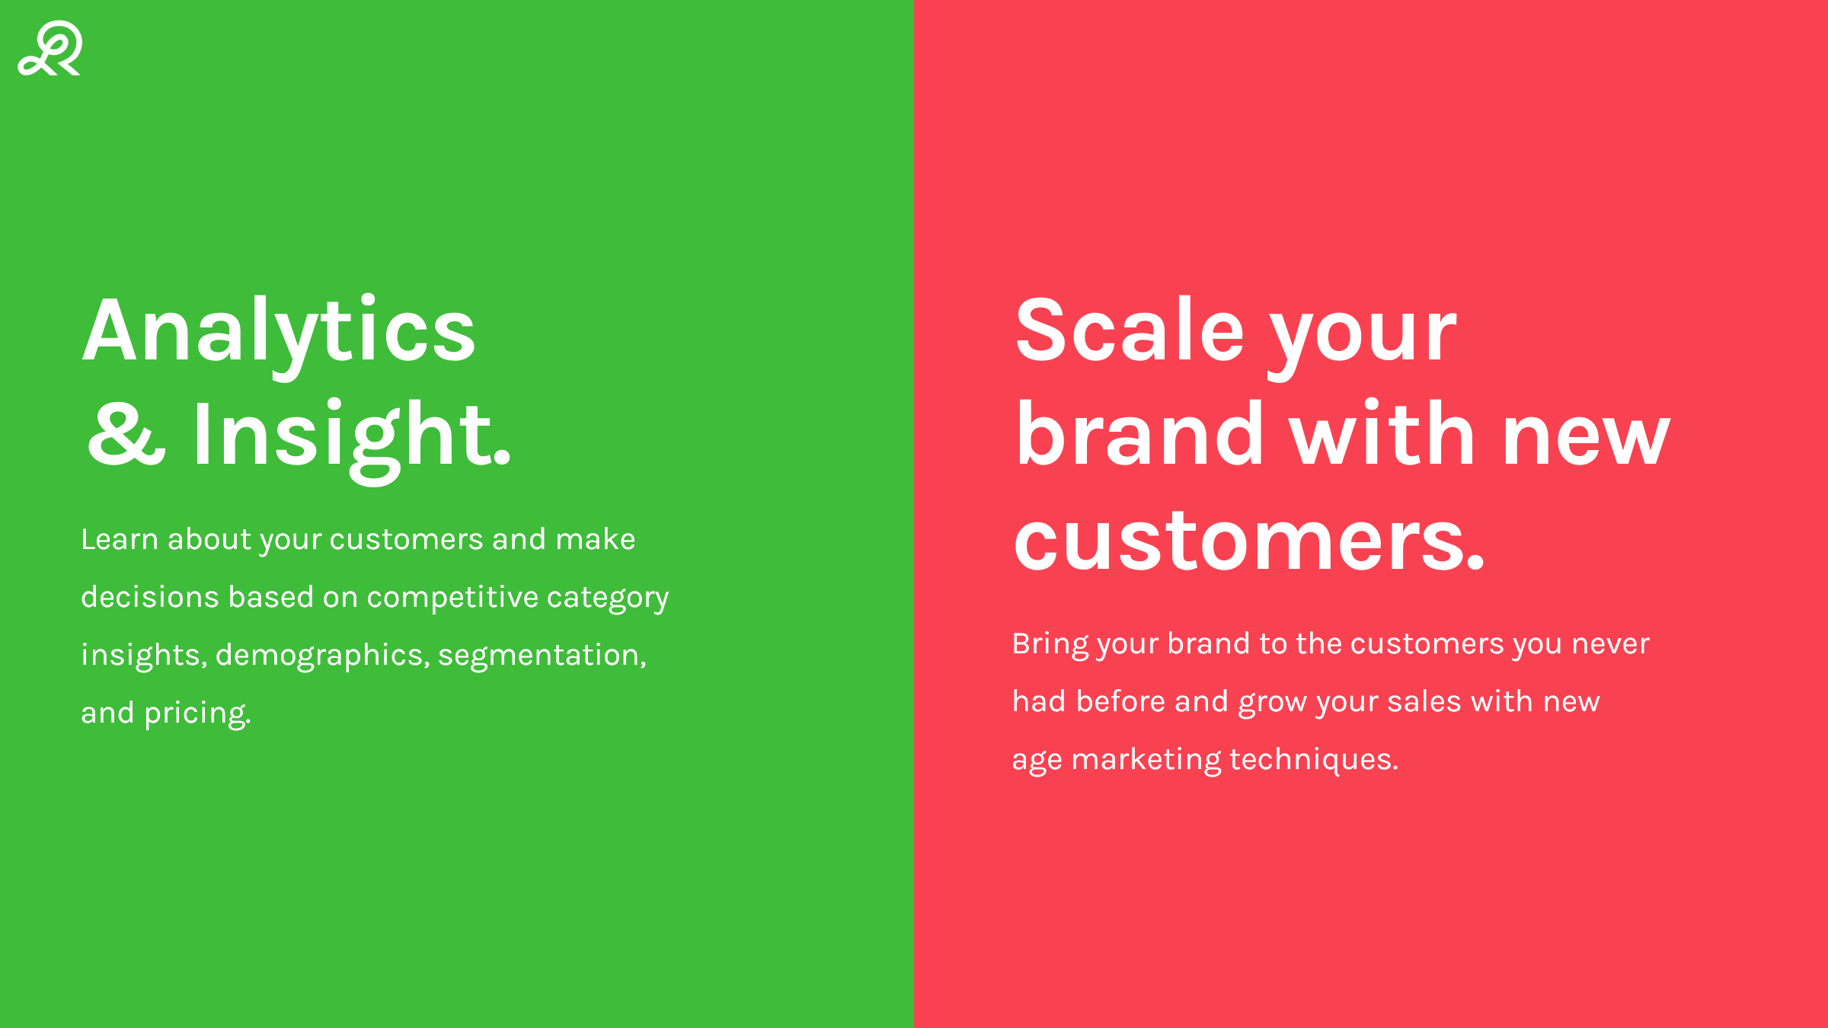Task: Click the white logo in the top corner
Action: pyautogui.click(x=50, y=48)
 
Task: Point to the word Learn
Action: pyautogui.click(x=120, y=539)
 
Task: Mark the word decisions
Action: pyautogui.click(x=150, y=597)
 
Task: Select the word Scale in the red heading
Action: pyautogui.click(x=1130, y=329)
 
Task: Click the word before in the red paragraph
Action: pyautogui.click(x=1120, y=701)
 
